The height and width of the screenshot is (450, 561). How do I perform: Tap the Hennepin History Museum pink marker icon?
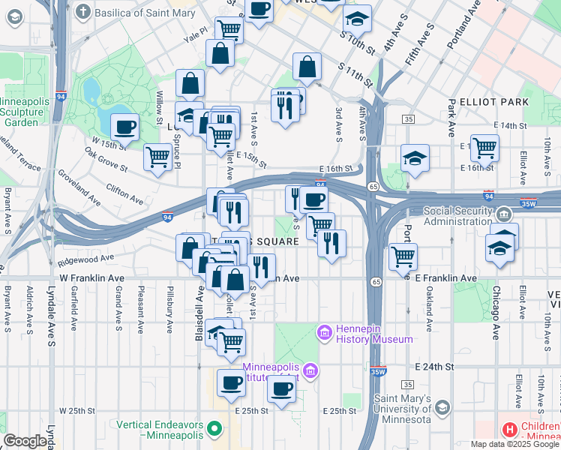tap(325, 331)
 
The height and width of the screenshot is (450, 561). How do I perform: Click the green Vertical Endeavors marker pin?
tap(215, 430)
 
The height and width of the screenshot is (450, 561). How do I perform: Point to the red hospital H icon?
tap(510, 430)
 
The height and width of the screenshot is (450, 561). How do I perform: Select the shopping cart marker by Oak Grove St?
tap(157, 157)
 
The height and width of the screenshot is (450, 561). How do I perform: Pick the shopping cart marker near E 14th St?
tap(485, 147)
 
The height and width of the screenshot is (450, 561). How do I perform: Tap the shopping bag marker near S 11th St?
tap(307, 67)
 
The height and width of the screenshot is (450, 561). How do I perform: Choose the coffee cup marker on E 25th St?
tap(281, 388)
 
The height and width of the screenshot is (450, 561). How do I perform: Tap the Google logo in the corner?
tap(25, 441)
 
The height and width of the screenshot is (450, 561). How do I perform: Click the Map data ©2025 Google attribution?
tap(514, 444)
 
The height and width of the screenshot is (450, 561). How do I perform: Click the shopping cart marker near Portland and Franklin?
tap(403, 256)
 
